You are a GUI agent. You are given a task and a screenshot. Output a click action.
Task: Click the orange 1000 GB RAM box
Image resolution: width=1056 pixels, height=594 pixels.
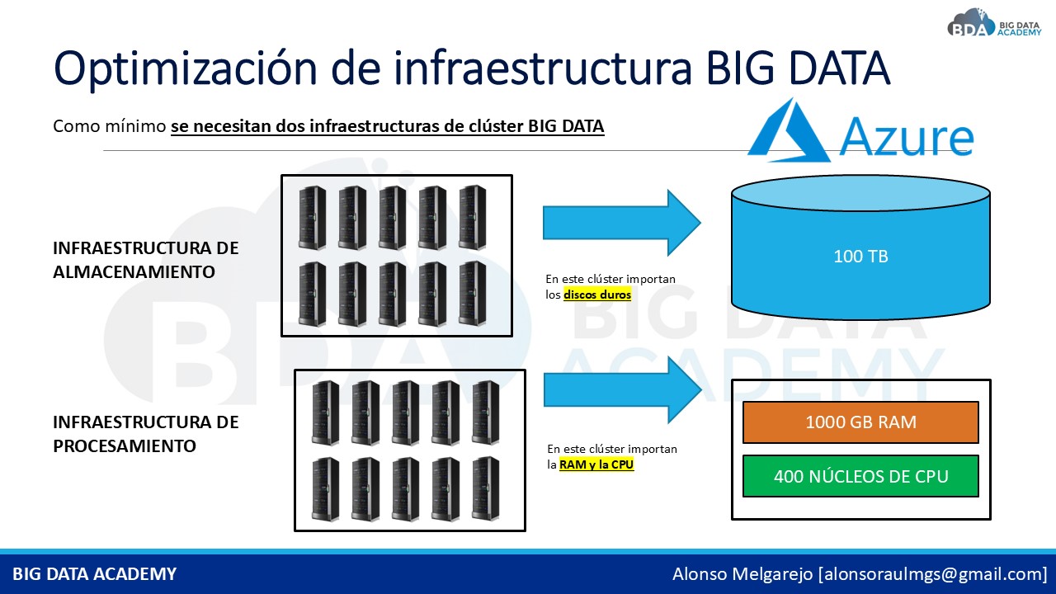[x=860, y=422]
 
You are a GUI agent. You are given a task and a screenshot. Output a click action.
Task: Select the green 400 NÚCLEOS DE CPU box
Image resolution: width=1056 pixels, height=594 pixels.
[x=860, y=476]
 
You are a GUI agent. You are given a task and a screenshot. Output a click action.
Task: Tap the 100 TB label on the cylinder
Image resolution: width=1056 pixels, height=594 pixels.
[x=860, y=257]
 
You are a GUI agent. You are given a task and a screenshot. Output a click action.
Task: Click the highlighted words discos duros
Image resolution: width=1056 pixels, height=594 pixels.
[x=597, y=295]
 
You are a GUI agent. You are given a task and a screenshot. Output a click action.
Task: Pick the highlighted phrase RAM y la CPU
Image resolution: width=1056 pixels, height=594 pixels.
[x=596, y=464]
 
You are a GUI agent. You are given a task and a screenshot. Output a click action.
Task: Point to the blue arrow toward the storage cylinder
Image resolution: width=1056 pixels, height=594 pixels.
[x=622, y=223]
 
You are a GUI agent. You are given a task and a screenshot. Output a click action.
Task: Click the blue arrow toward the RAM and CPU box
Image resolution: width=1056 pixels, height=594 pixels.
[x=623, y=390]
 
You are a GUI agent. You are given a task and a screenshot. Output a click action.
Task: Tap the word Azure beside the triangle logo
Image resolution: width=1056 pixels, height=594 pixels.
[x=906, y=137]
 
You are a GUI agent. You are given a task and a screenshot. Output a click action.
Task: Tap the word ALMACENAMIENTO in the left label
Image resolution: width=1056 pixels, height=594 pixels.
[x=134, y=272]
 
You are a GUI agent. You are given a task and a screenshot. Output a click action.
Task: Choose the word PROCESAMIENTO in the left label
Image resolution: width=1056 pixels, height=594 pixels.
[x=125, y=446]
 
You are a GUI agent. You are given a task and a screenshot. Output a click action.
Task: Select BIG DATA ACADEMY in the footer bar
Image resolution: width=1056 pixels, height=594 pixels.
[x=94, y=574]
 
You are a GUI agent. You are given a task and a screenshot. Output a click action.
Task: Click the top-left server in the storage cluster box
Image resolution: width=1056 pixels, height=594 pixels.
[x=312, y=217]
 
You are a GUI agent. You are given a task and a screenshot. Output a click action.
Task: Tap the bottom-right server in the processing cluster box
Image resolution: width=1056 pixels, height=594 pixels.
[x=486, y=489]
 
